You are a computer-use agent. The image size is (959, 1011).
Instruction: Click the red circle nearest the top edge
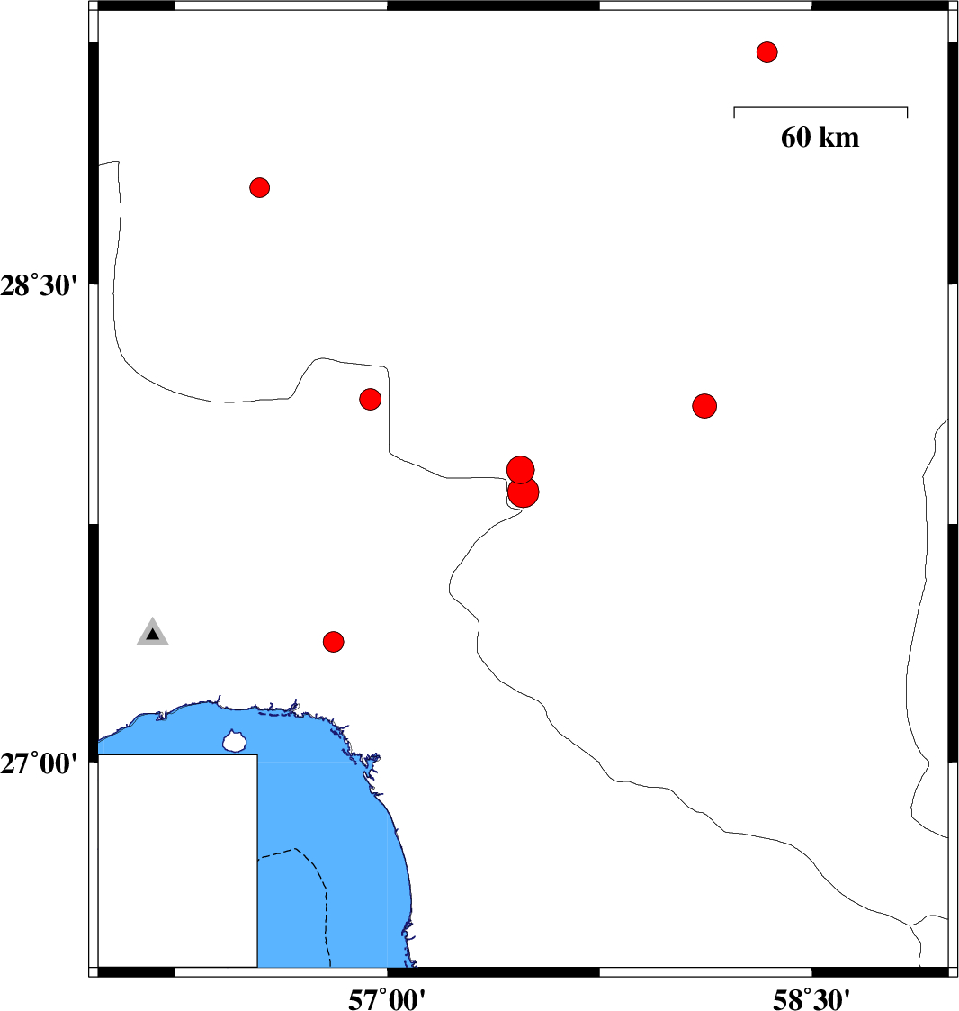click(x=766, y=51)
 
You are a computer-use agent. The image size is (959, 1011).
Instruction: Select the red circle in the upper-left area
click(x=259, y=187)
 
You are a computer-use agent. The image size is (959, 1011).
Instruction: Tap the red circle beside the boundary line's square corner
click(x=370, y=399)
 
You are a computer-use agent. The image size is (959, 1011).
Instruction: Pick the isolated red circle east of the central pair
click(x=704, y=405)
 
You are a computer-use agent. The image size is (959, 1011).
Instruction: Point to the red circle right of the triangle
click(x=333, y=642)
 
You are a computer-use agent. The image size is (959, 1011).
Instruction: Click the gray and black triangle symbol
click(x=153, y=634)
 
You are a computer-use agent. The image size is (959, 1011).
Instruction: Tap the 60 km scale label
click(x=820, y=138)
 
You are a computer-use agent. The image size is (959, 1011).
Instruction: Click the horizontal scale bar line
click(x=820, y=107)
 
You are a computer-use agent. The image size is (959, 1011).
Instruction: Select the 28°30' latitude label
click(x=39, y=285)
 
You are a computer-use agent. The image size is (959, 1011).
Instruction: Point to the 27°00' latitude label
click(x=39, y=763)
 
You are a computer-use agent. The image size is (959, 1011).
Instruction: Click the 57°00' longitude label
click(x=387, y=999)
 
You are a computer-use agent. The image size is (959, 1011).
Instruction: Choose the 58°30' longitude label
click(x=811, y=999)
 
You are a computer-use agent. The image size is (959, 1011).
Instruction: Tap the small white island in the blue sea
click(x=235, y=742)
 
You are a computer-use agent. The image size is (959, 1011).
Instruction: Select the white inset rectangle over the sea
click(x=177, y=861)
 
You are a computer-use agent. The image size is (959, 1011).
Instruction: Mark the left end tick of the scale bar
click(x=734, y=113)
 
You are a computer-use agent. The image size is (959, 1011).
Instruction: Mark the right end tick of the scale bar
click(x=908, y=113)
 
